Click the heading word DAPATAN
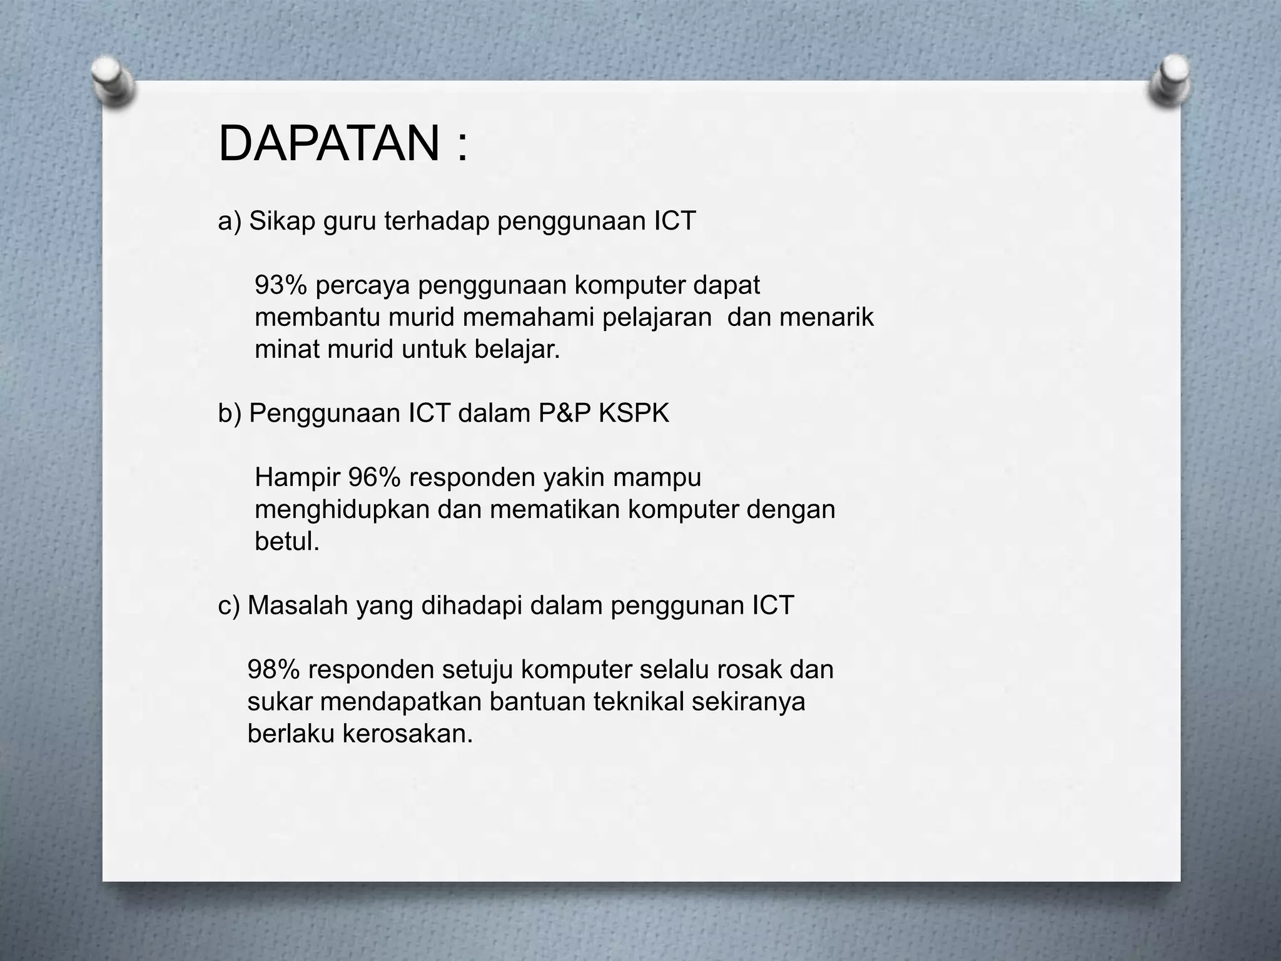click(329, 144)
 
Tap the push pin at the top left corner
click(113, 81)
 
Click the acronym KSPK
click(634, 414)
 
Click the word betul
click(286, 542)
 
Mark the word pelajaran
click(657, 318)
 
